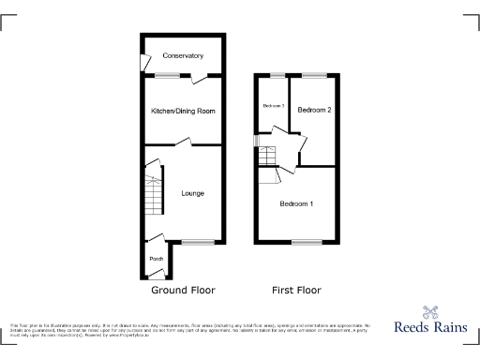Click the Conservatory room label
click(x=183, y=56)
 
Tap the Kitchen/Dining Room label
click(x=184, y=112)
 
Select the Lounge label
click(x=193, y=193)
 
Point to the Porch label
click(x=157, y=259)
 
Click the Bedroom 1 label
click(x=297, y=203)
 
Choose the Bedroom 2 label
click(x=314, y=111)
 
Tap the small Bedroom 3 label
click(x=273, y=105)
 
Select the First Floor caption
click(x=296, y=290)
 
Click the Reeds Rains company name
click(x=431, y=330)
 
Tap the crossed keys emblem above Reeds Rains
click(x=431, y=313)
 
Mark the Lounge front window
click(x=197, y=243)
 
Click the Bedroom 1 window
click(x=303, y=243)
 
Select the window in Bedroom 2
click(x=313, y=75)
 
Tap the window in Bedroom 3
click(x=277, y=75)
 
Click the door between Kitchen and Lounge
click(x=187, y=143)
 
